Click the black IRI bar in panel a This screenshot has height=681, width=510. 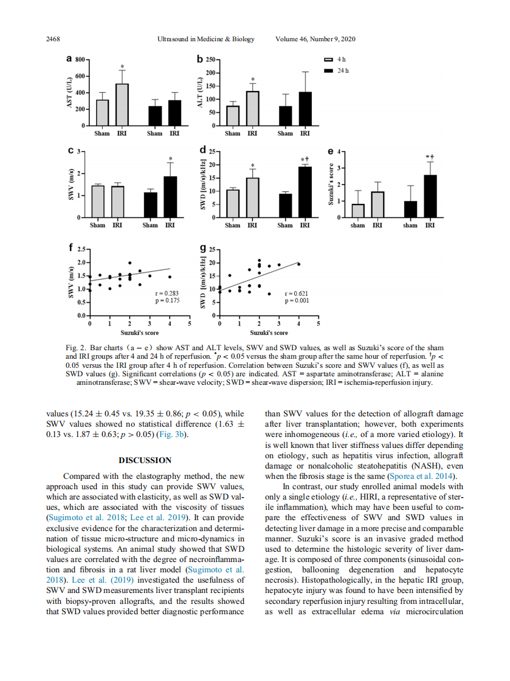(x=174, y=113)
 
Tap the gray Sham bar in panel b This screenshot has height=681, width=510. (x=233, y=115)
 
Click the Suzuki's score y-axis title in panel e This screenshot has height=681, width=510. (x=331, y=183)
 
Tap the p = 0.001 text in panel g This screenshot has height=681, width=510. (x=297, y=301)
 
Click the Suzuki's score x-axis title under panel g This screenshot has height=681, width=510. (x=269, y=333)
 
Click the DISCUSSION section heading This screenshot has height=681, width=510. (x=145, y=461)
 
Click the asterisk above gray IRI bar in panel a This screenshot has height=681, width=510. (x=122, y=67)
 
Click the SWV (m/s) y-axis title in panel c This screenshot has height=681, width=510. (x=71, y=183)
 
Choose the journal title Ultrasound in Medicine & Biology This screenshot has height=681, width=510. (x=205, y=39)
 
